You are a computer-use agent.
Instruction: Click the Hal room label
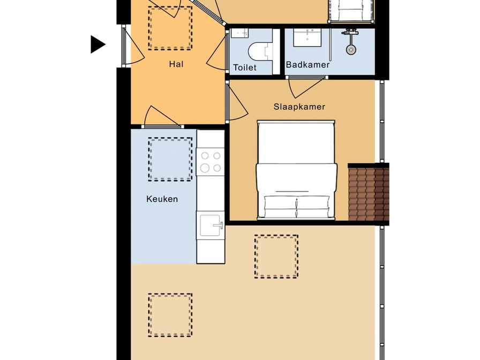176,64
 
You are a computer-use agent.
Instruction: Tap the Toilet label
245,67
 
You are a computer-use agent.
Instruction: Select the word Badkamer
307,65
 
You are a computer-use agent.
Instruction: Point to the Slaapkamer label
299,107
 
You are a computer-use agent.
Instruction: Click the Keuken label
162,199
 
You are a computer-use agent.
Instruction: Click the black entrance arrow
98,44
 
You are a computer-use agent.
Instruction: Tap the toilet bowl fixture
260,51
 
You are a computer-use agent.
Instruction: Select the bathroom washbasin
307,38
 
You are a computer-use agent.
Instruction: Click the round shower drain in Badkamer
351,50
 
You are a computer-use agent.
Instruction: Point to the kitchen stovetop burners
211,162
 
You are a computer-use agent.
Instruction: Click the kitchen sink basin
211,226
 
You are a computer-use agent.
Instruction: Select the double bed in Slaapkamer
296,170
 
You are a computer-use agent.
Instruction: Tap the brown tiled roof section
368,192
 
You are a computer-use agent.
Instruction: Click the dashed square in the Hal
170,28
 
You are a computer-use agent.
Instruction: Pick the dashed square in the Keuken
170,159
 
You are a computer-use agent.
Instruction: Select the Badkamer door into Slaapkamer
307,87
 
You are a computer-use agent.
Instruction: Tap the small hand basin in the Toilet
239,33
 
